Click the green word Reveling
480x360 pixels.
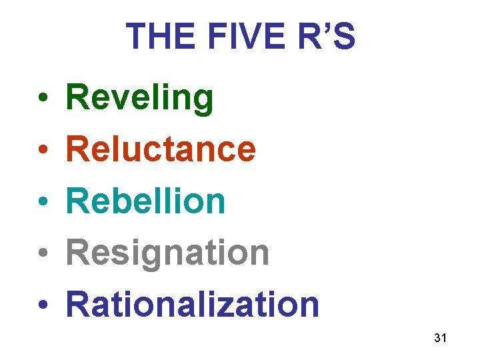tap(140, 98)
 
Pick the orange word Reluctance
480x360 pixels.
tap(161, 149)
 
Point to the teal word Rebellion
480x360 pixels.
tap(146, 201)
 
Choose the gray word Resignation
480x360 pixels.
tap(167, 253)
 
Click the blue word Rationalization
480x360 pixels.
tap(193, 304)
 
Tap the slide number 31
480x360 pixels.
tap(439, 338)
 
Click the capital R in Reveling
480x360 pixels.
tap(79, 98)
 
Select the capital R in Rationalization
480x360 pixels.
tap(79, 304)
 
